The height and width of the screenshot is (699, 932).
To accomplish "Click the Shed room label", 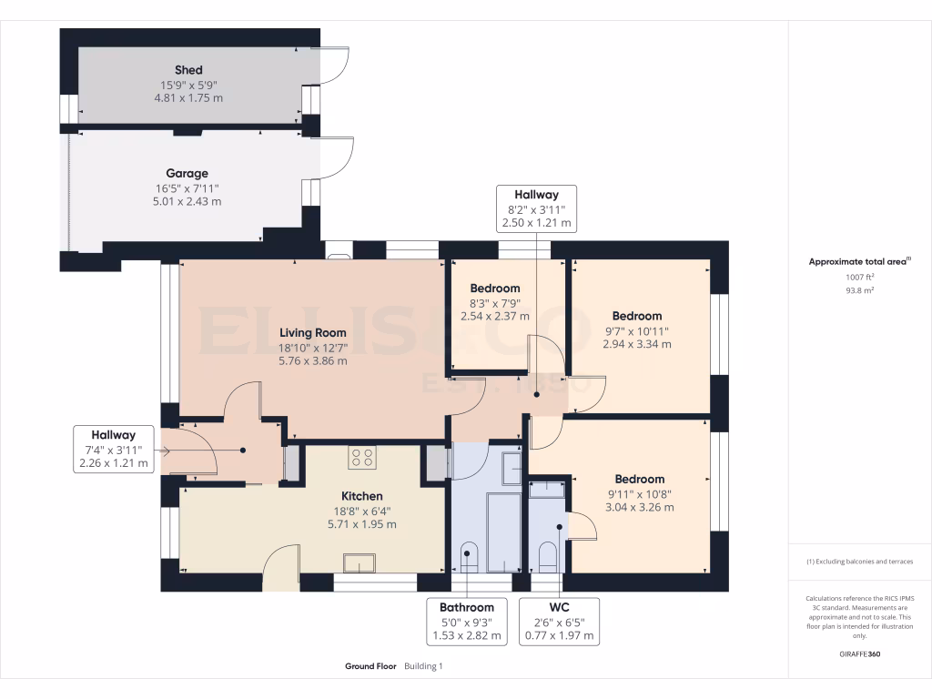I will point(188,70).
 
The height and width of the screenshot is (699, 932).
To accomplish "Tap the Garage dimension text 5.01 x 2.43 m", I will point(187,201).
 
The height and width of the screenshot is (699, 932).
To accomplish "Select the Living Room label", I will point(313,333).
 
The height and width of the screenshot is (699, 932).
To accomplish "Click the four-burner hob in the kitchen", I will point(361,457).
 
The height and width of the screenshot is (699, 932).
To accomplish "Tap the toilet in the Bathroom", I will point(469,556).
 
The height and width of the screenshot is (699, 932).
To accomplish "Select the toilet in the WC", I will point(547,556).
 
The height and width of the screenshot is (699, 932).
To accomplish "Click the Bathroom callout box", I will point(466,621).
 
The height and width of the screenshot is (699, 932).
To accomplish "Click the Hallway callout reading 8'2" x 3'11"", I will point(536,208).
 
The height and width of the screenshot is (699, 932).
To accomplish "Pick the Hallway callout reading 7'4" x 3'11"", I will point(113,450).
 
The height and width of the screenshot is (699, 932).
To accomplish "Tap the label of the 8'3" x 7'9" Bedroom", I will point(495,289).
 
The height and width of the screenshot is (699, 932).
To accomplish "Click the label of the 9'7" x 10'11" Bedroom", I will point(636,317).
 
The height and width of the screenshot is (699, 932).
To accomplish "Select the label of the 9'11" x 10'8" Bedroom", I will point(639,479).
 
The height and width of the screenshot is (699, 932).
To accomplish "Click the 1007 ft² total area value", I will point(859,277).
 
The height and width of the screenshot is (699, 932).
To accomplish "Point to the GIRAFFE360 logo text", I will point(859,654).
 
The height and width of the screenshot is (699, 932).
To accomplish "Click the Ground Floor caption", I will point(370,666).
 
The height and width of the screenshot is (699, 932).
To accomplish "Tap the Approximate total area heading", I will point(858,261).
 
